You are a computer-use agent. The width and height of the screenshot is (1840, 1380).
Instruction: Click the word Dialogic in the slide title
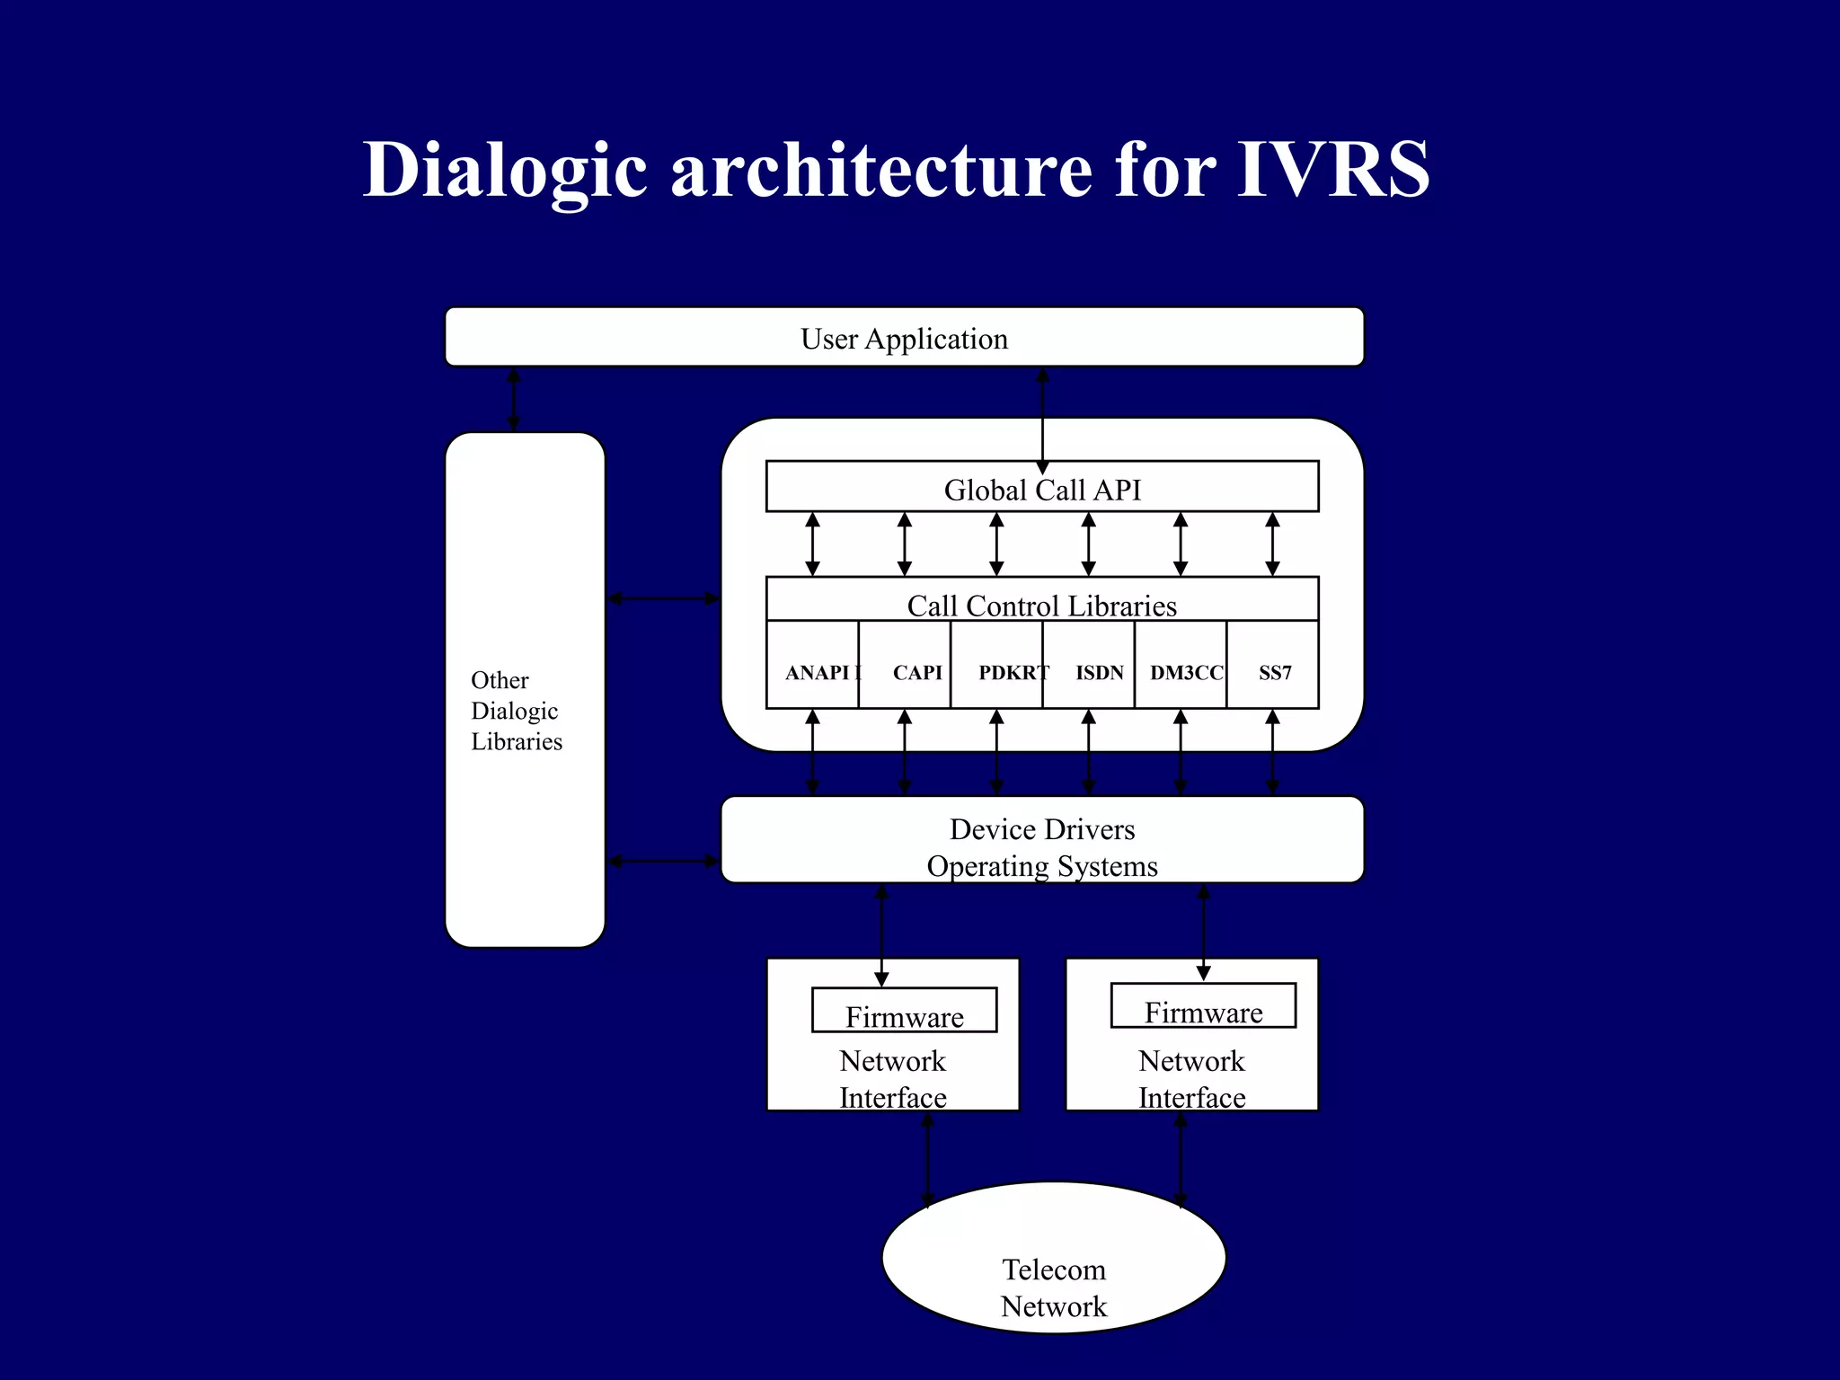(x=504, y=171)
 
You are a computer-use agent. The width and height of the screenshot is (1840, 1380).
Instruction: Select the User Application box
(x=904, y=338)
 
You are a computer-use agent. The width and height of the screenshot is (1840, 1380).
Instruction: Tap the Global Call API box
(x=1042, y=490)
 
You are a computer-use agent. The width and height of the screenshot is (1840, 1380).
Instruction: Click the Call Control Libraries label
(x=1041, y=605)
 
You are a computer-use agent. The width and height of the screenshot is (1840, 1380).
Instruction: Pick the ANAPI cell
(x=814, y=672)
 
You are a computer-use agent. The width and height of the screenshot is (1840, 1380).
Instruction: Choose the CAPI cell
(x=916, y=672)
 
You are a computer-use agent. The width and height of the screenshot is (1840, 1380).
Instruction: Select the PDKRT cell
(x=1012, y=672)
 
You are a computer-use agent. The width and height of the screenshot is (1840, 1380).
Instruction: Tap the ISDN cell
(x=1099, y=672)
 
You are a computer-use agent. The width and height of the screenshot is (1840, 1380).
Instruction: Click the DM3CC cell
(x=1186, y=672)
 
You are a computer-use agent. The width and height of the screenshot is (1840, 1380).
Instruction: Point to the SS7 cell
(x=1275, y=672)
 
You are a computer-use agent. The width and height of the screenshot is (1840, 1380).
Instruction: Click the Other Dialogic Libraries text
(x=516, y=710)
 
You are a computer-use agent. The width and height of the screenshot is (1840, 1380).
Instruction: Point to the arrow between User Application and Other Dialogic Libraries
(x=514, y=399)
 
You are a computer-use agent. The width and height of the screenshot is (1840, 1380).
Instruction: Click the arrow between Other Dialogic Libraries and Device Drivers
(x=663, y=862)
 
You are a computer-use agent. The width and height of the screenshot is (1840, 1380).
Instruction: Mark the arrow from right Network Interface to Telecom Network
(x=1181, y=1159)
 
